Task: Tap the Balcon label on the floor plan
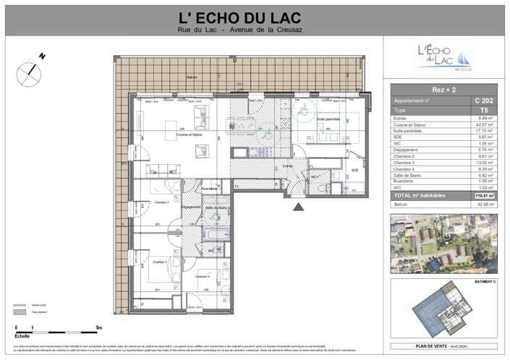(192, 77)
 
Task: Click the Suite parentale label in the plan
(328, 119)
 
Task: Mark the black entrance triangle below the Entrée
(298, 207)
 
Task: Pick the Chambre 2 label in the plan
(160, 202)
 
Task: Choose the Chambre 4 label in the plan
(203, 276)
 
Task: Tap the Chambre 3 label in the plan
(160, 262)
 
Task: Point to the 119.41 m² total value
(483, 195)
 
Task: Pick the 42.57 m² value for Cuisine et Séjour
(483, 124)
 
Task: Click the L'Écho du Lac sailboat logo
(444, 56)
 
